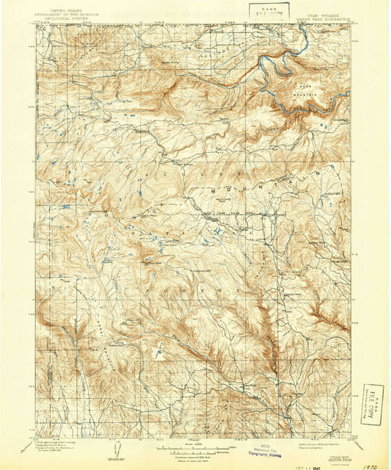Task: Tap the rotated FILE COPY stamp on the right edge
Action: click(372, 402)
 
